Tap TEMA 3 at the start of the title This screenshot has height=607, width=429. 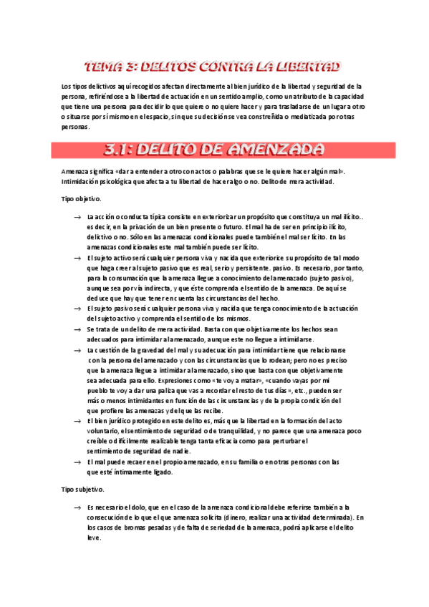click(x=108, y=68)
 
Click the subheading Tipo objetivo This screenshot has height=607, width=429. click(x=81, y=198)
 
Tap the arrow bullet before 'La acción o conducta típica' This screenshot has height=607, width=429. click(x=77, y=216)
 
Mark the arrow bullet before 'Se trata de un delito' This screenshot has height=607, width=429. click(x=77, y=329)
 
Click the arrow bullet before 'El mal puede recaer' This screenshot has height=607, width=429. click(x=77, y=442)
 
